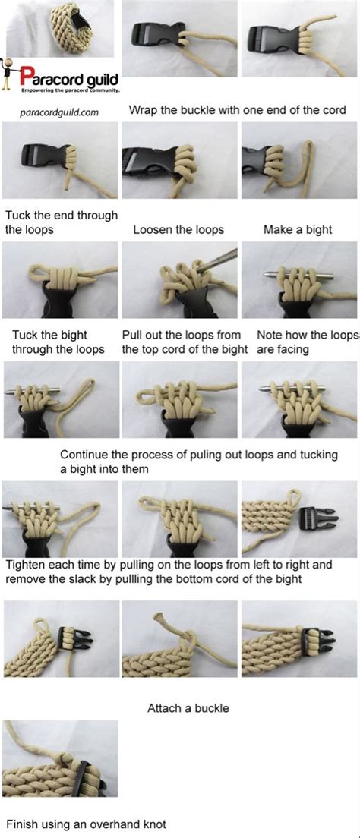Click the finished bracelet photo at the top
60,28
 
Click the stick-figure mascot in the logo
10,76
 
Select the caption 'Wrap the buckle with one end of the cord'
237,110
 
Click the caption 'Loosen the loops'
178,229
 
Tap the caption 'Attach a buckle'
188,708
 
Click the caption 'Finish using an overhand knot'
86,824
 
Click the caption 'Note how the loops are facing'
307,342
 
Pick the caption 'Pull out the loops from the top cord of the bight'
185,342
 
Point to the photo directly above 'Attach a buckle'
179,638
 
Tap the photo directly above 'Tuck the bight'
60,280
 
